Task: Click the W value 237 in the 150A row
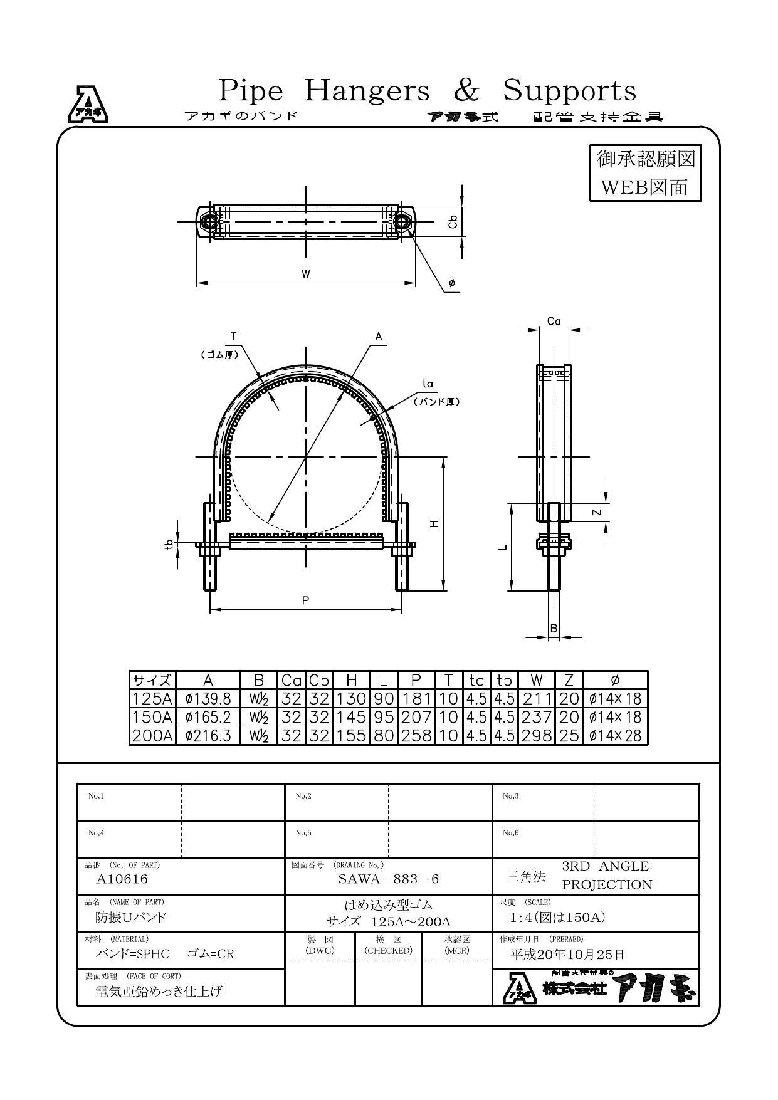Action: tap(536, 716)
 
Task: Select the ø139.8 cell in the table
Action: tap(208, 698)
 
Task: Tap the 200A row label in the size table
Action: tap(152, 735)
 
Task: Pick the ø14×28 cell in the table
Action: tap(615, 735)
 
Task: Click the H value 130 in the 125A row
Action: tap(351, 698)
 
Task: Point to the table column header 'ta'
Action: tap(476, 680)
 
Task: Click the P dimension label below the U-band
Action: tap(305, 600)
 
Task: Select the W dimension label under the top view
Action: tap(306, 274)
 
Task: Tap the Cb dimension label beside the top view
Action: tap(454, 222)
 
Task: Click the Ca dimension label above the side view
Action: tap(554, 322)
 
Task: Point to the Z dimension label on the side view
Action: tap(597, 512)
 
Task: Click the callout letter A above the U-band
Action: tap(379, 337)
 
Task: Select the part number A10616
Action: tap(122, 879)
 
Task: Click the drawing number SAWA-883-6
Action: tap(388, 879)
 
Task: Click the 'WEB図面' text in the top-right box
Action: tap(644, 187)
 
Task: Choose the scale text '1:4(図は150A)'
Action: tap(557, 918)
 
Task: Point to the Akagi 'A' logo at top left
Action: tap(87, 104)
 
